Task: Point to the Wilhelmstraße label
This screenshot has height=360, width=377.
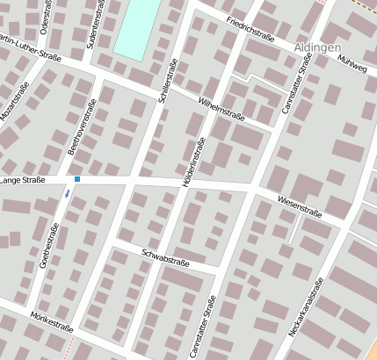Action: [221, 108]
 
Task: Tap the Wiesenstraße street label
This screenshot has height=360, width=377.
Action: [300, 207]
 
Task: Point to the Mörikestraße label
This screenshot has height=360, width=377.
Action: [51, 320]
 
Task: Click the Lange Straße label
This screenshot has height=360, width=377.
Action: [23, 180]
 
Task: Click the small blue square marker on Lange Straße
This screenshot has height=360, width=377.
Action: [77, 179]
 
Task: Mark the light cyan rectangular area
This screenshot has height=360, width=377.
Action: [137, 28]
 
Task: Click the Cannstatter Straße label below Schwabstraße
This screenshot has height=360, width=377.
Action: [209, 328]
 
